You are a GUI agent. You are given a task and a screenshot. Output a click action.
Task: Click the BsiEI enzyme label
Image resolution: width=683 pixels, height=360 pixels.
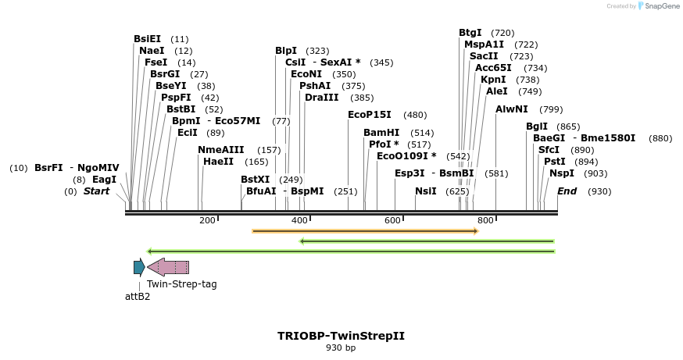pos(147,38)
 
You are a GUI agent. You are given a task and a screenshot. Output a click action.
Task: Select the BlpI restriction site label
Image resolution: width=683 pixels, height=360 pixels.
pos(286,50)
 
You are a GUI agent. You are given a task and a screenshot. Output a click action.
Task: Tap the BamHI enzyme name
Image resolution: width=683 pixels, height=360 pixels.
pos(381,132)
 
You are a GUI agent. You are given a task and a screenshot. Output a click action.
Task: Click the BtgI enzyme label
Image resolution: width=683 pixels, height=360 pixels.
pos(470,32)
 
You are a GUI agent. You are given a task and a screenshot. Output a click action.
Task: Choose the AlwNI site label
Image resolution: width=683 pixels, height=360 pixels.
pos(512,109)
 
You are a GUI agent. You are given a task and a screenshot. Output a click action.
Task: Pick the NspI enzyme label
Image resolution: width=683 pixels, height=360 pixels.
pos(562,173)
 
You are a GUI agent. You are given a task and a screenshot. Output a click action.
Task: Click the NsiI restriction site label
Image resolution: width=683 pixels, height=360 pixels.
pos(426,191)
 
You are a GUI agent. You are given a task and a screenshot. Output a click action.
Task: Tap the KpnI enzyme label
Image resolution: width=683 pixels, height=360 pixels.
pos(493,79)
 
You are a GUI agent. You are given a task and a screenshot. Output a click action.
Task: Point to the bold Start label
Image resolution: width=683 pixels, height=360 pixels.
pos(97,191)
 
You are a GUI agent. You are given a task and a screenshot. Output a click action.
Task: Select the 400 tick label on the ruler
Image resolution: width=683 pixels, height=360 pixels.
pos(300,220)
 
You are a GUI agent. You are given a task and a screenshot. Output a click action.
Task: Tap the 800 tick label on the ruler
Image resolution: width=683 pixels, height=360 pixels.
pos(485,220)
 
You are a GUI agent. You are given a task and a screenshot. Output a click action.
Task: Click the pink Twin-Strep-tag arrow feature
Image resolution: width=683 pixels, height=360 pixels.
pos(168,267)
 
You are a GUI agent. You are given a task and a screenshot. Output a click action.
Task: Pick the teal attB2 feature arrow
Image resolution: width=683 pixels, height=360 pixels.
pos(138,267)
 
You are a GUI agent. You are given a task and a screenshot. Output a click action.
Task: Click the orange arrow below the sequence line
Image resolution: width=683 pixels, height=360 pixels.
pos(365,231)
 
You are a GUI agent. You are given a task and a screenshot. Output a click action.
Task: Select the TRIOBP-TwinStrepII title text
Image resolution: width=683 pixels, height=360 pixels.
pos(341,336)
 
